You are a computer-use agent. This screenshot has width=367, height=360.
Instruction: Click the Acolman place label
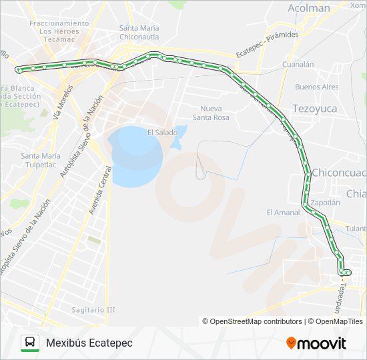pos(309,9)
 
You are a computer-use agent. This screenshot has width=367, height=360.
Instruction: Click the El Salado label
pos(162,133)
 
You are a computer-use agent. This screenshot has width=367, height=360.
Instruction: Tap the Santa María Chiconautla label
pos(139,32)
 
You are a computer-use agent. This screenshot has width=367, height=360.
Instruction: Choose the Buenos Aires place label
pos(316,87)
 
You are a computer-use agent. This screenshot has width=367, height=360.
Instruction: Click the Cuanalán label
pos(298,65)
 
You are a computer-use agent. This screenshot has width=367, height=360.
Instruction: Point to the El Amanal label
pos(282,213)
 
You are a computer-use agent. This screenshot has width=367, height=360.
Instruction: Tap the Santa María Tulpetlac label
pos(41,161)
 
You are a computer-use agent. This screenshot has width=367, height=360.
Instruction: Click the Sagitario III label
pos(93,309)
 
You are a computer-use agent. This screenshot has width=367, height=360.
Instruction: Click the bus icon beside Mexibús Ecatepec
pos(29,343)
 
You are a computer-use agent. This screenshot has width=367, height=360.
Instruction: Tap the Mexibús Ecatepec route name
pos(89,343)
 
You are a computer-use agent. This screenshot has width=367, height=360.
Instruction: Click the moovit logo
pos(316,343)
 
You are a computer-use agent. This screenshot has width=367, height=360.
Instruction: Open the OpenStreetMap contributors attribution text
pos(252,321)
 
